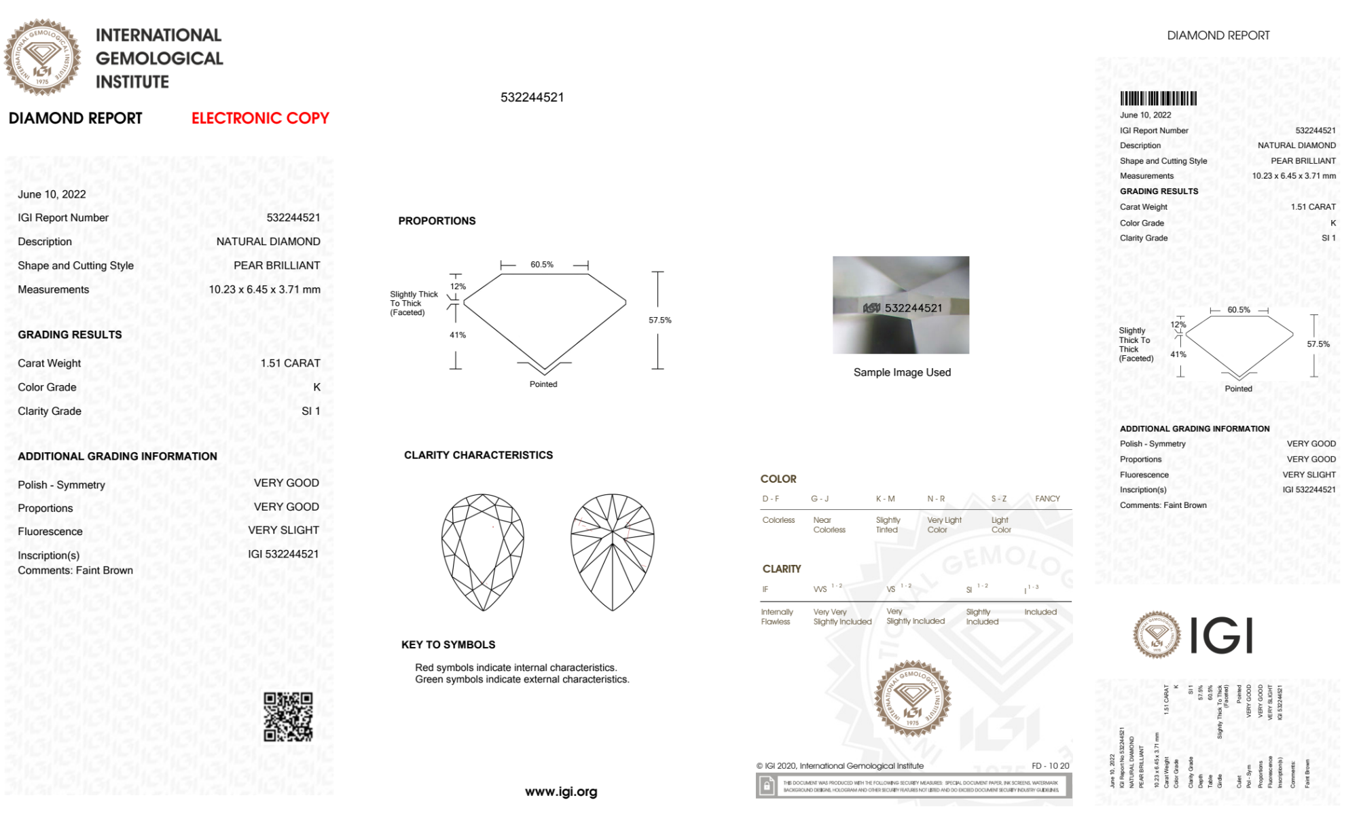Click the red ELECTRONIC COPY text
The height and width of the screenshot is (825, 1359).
coord(260,118)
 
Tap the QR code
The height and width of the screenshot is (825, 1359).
coord(288,716)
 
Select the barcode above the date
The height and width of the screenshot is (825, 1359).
coord(1158,98)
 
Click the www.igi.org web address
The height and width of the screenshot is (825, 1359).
coord(561,792)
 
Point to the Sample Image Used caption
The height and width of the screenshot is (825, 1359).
coord(902,372)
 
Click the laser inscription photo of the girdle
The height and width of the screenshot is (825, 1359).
coord(901,305)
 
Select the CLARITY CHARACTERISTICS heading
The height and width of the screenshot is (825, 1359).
coord(478,455)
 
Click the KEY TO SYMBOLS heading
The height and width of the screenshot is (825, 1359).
coord(448,644)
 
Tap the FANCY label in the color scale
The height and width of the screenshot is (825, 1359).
coord(1047,498)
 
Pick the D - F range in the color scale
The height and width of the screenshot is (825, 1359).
coord(771,498)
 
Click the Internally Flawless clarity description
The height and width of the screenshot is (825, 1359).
coord(776,617)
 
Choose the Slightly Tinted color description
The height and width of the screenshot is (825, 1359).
coord(888,525)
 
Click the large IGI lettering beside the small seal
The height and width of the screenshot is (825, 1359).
coord(1222,636)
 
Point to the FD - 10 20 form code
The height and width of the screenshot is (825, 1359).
coord(1050,766)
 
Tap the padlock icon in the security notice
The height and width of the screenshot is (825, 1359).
coord(767,786)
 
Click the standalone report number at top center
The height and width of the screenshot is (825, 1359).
coord(532,97)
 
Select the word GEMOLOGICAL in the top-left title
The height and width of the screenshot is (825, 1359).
coord(160,58)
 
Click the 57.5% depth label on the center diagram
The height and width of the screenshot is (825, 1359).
coord(659,320)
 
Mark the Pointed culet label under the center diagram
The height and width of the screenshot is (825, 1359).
coord(543,384)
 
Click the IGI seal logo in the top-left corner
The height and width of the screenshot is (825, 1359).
coord(42,57)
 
